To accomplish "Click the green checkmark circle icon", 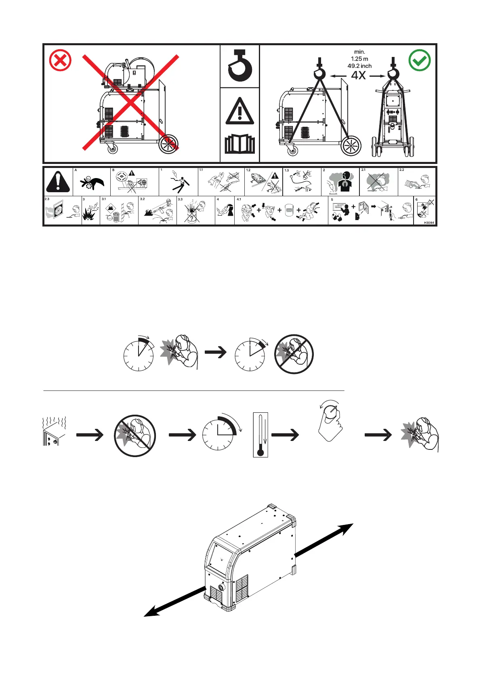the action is [x=420, y=61].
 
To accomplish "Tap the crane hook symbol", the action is [x=240, y=66].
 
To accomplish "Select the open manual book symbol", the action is [x=240, y=145].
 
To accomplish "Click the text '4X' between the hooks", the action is [x=358, y=76].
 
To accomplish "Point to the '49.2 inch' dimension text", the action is [x=359, y=66].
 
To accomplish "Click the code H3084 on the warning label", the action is [x=428, y=222].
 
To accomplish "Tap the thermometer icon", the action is [x=260, y=434].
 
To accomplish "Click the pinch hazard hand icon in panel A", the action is [x=92, y=183].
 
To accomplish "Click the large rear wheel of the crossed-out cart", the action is [x=168, y=144].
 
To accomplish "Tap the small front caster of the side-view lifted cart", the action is [x=292, y=151].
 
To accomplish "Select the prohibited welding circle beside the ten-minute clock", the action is [x=294, y=354].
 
